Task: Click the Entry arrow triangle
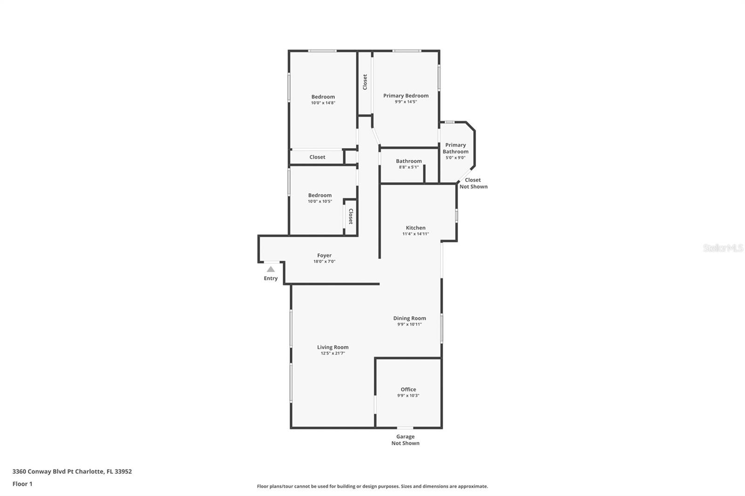[x=271, y=269]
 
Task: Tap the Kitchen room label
[x=415, y=228]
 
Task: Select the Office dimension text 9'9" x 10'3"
[x=408, y=395]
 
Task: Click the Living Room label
[x=332, y=347]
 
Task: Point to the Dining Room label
[x=409, y=318]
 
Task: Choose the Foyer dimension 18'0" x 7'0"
[x=324, y=261]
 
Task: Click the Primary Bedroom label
[x=406, y=96]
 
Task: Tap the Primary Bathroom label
[x=455, y=148]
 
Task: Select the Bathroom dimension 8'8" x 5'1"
[x=408, y=167]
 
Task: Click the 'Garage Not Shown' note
[x=405, y=440]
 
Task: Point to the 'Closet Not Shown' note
[x=473, y=183]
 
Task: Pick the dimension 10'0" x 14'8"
[x=323, y=103]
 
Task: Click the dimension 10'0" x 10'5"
[x=319, y=201]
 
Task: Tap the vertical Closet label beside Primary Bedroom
[x=365, y=82]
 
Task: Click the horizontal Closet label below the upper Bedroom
[x=317, y=157]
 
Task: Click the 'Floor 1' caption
[x=22, y=484]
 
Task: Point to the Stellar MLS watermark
[x=723, y=248]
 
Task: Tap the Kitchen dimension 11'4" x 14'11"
[x=415, y=234]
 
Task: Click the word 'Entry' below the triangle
[x=271, y=278]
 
